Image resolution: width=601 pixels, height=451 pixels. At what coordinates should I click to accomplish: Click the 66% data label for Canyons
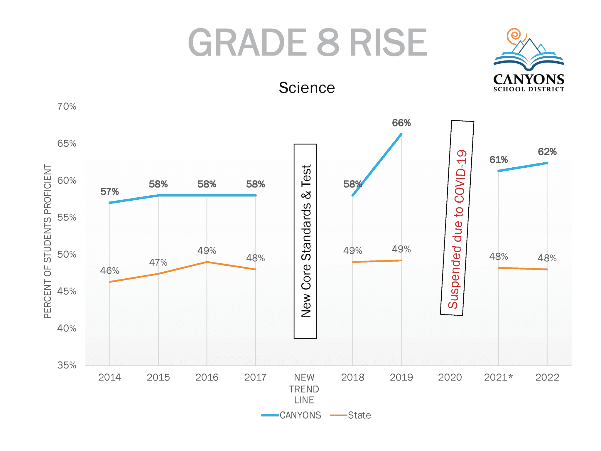pos(401,123)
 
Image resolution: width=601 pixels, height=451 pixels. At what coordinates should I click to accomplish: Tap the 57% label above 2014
pos(109,192)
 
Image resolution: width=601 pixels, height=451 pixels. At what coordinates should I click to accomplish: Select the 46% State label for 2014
pos(109,270)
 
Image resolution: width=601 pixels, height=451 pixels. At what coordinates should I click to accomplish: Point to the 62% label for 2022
pos(547,152)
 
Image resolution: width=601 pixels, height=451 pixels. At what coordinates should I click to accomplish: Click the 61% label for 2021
pos(498,160)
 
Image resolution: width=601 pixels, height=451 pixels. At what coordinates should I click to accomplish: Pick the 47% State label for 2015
pos(158,262)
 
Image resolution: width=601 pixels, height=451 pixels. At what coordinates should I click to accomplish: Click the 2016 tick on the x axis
pos(207,377)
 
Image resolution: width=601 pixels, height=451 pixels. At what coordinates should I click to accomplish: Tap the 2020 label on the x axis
pos(450,377)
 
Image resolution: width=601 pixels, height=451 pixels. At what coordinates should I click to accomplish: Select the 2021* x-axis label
pos(498,377)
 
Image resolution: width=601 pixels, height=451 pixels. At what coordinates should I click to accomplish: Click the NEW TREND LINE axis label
pos(304,389)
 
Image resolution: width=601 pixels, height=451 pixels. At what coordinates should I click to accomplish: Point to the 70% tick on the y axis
pos(67,106)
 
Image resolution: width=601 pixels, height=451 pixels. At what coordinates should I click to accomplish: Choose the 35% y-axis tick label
pos(67,365)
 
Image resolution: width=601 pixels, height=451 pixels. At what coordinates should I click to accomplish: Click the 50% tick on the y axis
pos(67,254)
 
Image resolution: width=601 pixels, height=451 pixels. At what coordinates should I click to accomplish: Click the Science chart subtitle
pos(307,88)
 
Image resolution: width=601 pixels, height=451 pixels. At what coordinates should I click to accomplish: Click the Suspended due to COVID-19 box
pos(457,218)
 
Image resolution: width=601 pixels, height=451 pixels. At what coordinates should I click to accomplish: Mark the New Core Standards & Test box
pos(305,241)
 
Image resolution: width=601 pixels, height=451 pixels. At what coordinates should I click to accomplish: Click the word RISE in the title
pos(388,43)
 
